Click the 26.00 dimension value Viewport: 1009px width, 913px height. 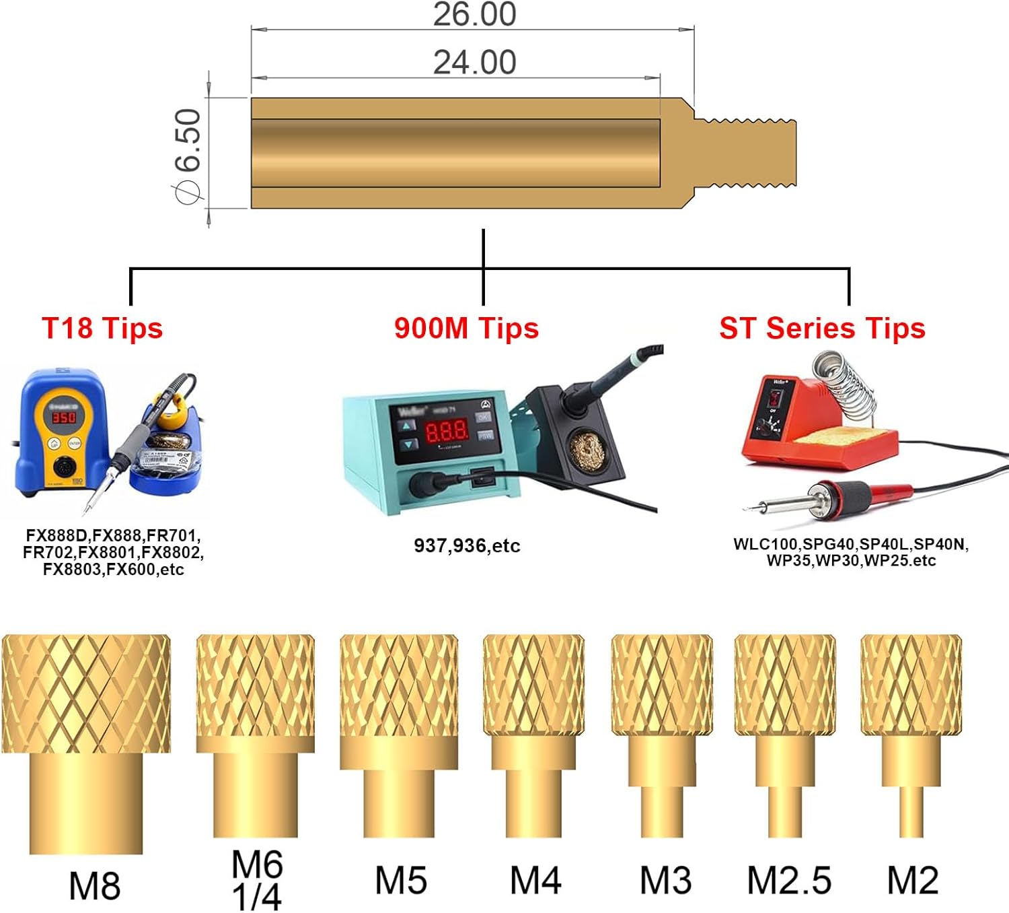[x=474, y=14]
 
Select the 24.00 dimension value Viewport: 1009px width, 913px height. [x=474, y=63]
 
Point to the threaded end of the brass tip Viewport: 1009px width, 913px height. [x=745, y=153]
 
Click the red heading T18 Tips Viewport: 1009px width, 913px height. [x=102, y=329]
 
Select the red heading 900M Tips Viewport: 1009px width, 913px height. [x=466, y=329]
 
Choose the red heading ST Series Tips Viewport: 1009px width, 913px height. [x=823, y=329]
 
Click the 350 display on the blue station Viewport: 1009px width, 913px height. [x=65, y=417]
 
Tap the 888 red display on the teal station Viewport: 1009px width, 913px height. [x=447, y=431]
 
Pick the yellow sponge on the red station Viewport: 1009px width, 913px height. [x=840, y=437]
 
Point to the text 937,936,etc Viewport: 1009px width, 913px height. [x=467, y=546]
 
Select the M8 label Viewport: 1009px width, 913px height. [x=95, y=886]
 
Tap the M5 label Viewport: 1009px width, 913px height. [x=401, y=881]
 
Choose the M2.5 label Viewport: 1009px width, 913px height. [x=788, y=881]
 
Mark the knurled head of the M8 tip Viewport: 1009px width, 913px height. [x=86, y=694]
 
